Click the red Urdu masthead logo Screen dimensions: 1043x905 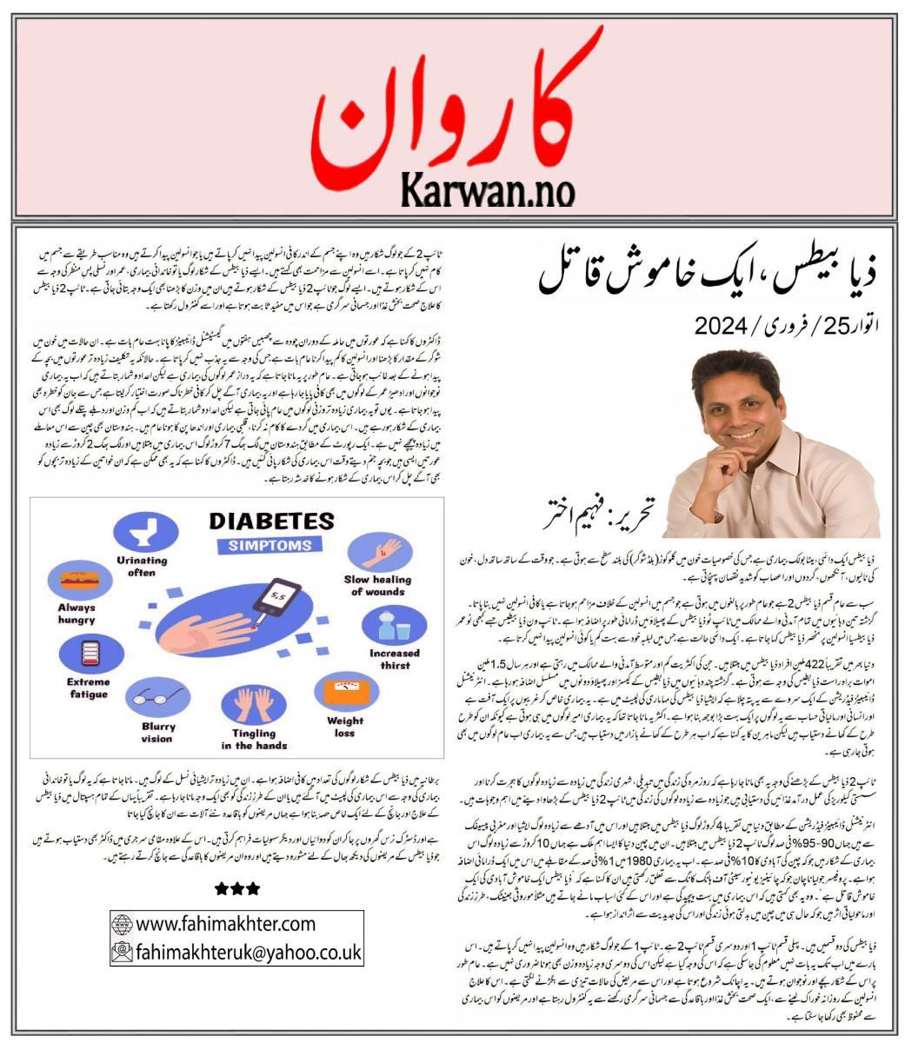(x=452, y=100)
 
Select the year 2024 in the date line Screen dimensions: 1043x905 (x=720, y=328)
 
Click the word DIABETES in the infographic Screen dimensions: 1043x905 (x=270, y=521)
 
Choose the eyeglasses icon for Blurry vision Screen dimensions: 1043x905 (x=157, y=698)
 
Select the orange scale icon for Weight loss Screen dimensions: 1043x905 (x=345, y=693)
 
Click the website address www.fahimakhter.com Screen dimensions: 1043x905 (x=224, y=922)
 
